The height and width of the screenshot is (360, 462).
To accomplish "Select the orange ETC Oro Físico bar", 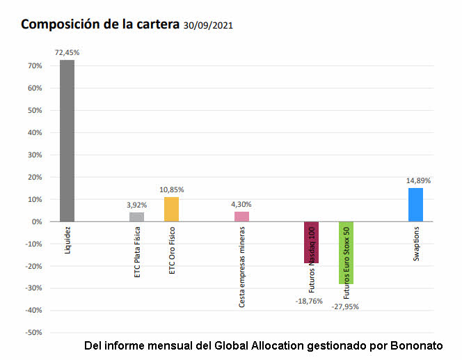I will click(171, 209).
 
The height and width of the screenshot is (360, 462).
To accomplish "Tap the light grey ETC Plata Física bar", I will click(136, 217).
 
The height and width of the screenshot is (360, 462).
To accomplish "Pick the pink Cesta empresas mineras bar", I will click(241, 217).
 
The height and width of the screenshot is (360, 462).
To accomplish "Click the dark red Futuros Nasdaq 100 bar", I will click(311, 242).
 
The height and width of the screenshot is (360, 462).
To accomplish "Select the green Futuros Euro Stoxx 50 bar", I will click(346, 252).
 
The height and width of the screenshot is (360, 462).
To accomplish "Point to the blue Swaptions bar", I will click(415, 205).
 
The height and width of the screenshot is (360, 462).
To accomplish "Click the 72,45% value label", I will click(67, 52).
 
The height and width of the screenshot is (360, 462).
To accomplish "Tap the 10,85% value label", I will click(171, 189).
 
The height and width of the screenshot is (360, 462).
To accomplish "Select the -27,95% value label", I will click(345, 306).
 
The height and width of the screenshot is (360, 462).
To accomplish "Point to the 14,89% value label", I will click(418, 180).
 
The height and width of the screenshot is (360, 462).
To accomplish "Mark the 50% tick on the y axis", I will click(35, 110).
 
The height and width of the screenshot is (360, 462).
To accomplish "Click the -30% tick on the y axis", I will click(33, 288).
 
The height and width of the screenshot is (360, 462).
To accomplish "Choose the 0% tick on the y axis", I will click(37, 221).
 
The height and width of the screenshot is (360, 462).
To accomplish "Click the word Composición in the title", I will click(57, 24).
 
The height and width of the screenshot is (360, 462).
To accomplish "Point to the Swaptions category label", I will click(416, 244).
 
